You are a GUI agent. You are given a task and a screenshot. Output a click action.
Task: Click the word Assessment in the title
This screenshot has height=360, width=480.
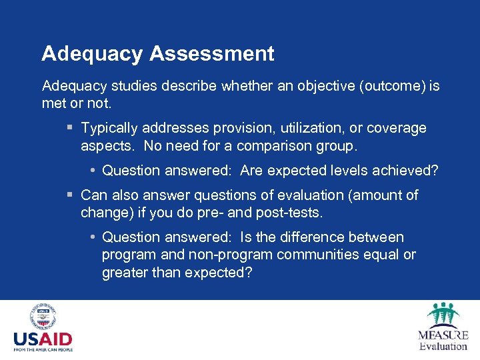point(213,53)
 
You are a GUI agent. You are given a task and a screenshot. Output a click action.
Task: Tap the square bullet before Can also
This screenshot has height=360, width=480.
point(70,195)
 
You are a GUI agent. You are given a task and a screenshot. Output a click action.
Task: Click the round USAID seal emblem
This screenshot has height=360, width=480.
point(43,317)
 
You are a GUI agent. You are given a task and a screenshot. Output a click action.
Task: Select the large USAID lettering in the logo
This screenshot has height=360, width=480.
point(43,339)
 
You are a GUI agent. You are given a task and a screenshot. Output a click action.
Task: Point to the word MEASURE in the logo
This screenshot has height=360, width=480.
point(443,335)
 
